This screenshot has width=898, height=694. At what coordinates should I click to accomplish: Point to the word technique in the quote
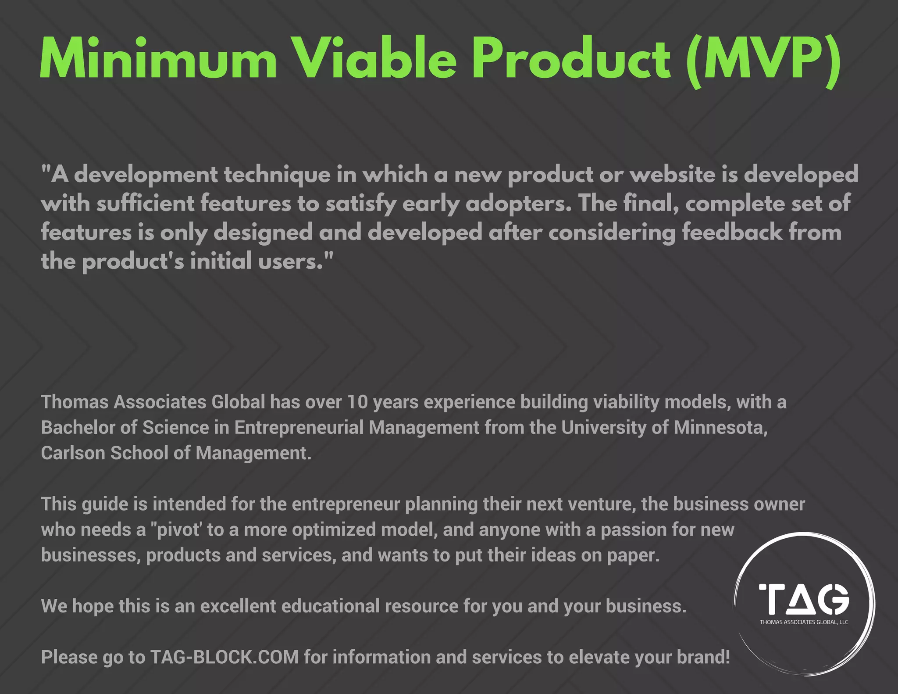pos(277,175)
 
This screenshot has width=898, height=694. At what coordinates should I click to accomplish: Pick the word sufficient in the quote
pos(145,204)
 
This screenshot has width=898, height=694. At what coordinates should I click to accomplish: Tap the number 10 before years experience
pos(357,402)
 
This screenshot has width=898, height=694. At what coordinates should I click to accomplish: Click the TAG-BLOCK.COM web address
pos(224,657)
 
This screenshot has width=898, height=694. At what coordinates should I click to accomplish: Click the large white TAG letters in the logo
pos(804,599)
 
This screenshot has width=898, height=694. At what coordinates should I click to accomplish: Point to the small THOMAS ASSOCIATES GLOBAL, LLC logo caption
pos(804,622)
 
